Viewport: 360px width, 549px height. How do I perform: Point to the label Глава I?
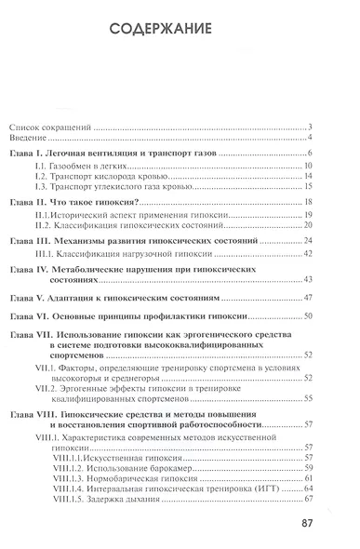33,154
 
